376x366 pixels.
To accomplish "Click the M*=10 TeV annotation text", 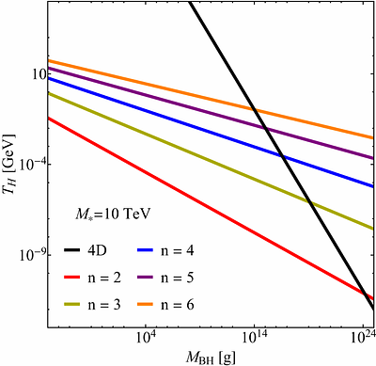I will point(102,215).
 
